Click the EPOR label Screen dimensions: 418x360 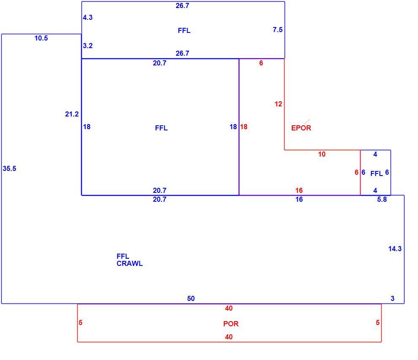(301, 128)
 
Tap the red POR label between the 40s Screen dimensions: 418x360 (231, 324)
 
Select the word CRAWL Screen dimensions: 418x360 (130, 263)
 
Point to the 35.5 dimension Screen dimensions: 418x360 (9, 168)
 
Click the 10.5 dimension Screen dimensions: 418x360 (41, 38)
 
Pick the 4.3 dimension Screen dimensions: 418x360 (88, 17)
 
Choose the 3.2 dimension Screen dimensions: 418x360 (88, 46)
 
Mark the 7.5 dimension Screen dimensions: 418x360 (277, 30)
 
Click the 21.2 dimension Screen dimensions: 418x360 (72, 114)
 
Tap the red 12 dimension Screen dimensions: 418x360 (278, 104)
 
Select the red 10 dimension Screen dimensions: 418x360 (322, 154)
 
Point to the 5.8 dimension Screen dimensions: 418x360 (382, 199)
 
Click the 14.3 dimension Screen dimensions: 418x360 (395, 249)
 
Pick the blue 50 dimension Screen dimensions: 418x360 (191, 298)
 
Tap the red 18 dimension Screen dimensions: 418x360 (244, 127)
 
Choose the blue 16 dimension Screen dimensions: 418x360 (299, 199)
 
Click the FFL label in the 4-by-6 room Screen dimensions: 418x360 (377, 174)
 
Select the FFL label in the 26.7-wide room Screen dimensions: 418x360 (184, 30)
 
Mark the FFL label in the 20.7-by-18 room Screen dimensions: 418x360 (161, 128)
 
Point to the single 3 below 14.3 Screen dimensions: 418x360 (392, 298)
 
